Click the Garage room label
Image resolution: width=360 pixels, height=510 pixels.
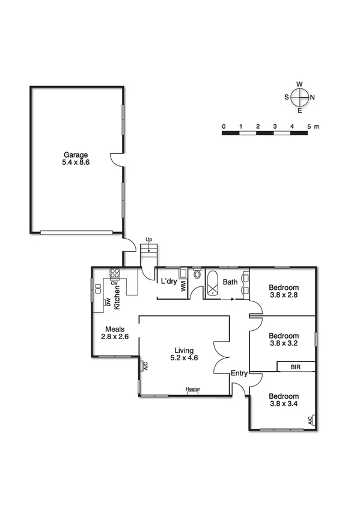76,154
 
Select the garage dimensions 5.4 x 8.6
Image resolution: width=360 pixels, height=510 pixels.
76,162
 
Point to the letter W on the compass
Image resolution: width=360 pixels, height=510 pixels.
299,84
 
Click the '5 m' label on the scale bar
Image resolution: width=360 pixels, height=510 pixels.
313,126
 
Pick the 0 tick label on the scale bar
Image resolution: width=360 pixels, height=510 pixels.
223,126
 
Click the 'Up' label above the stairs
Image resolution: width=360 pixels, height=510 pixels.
148,239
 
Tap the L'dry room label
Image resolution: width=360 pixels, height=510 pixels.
168,281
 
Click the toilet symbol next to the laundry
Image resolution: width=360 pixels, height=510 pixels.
197,275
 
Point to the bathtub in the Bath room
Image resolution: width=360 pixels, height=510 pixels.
213,284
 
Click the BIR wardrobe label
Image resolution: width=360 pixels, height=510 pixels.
295,366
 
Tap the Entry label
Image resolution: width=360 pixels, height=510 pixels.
239,373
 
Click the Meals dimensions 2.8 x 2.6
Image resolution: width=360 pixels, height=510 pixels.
114,337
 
